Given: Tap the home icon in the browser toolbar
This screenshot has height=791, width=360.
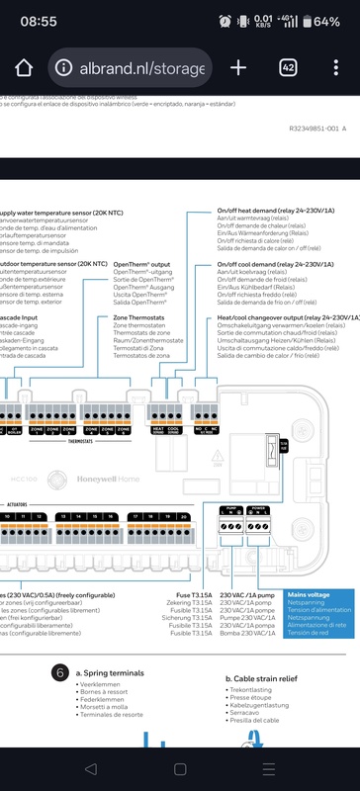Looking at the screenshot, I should click(25, 67).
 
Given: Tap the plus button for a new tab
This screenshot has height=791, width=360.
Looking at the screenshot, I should click(238, 67).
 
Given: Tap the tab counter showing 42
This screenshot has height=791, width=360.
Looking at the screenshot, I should click(289, 67).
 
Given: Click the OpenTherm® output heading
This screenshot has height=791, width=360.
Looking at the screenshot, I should click(141, 265).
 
